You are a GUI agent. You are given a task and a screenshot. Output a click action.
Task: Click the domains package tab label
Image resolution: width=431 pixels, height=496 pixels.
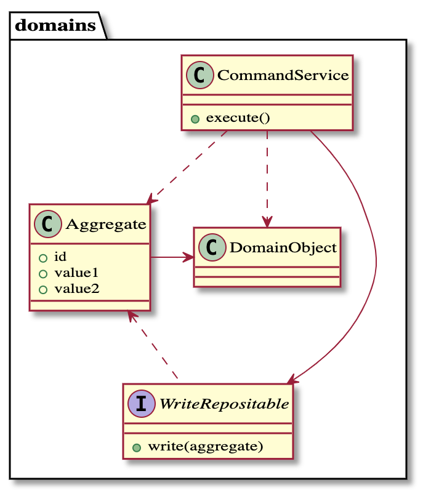coord(55,26)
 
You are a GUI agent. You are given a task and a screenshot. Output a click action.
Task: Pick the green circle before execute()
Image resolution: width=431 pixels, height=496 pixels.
coord(195,119)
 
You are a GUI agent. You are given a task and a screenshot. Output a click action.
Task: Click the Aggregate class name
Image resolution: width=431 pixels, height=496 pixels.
coord(105,224)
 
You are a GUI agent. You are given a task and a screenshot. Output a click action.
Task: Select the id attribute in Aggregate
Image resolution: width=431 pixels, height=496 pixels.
coord(60,257)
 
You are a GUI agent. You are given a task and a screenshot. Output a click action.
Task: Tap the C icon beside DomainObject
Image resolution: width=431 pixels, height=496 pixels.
coord(212,247)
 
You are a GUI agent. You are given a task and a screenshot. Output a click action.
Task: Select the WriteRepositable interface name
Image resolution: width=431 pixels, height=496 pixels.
coord(224,404)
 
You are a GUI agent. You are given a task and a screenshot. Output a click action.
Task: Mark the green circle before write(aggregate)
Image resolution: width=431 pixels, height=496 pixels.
coord(137,447)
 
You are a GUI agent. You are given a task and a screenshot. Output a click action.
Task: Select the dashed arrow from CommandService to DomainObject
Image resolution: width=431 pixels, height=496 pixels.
coord(267,178)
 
